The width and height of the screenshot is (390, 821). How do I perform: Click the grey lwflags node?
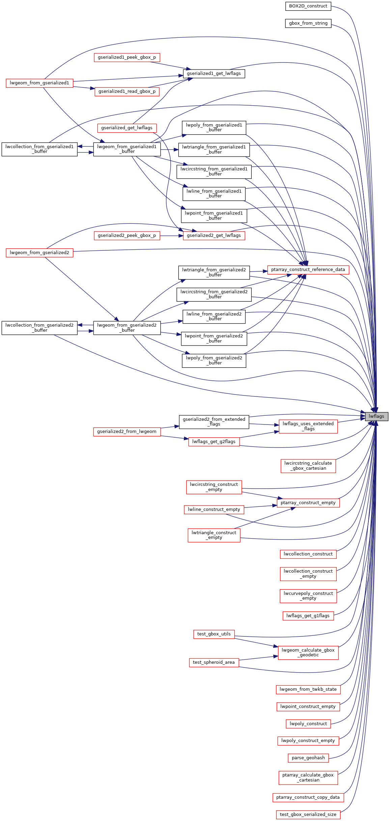[x=377, y=416]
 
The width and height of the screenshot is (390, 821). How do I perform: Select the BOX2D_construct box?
[x=308, y=6]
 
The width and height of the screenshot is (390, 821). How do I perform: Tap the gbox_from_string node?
[x=308, y=23]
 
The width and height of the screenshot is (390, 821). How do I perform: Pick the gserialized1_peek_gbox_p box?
[x=127, y=57]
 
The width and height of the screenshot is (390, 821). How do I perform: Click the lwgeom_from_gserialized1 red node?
[x=39, y=83]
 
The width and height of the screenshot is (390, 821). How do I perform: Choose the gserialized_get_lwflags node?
[x=127, y=128]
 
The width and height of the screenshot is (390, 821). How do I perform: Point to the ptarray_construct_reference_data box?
[x=308, y=270]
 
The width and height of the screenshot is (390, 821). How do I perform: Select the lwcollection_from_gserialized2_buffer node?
[x=39, y=328]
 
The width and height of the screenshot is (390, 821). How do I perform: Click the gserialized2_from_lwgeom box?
[x=127, y=432]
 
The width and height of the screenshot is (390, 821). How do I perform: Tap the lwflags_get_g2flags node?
[x=214, y=442]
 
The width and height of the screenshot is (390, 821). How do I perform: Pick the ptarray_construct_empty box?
[x=308, y=503]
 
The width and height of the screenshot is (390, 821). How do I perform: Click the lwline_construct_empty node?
[x=214, y=510]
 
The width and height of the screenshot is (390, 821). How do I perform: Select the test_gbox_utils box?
[x=214, y=634]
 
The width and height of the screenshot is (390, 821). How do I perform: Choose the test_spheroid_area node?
[x=214, y=662]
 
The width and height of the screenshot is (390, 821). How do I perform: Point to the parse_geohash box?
[x=308, y=758]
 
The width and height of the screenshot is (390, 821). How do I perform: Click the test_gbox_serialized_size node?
[x=308, y=815]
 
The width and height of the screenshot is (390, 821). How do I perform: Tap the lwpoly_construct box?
[x=308, y=724]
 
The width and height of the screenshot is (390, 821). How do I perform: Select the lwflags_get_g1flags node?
[x=308, y=616]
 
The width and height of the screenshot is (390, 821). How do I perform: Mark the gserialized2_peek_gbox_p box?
[x=127, y=236]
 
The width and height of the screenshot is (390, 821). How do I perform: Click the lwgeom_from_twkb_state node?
[x=308, y=689]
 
